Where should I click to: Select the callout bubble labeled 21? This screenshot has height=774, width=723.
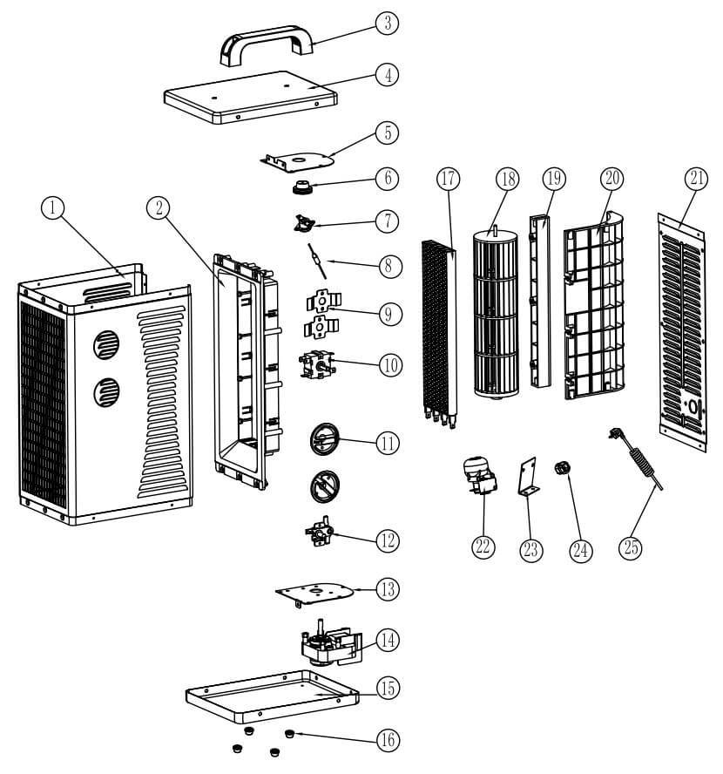(695, 180)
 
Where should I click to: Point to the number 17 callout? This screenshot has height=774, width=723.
(448, 180)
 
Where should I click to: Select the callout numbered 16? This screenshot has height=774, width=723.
(387, 740)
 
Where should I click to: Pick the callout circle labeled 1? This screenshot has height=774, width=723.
(55, 207)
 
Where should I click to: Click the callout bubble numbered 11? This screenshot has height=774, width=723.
(387, 443)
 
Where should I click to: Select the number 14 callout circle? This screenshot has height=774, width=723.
(387, 640)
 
